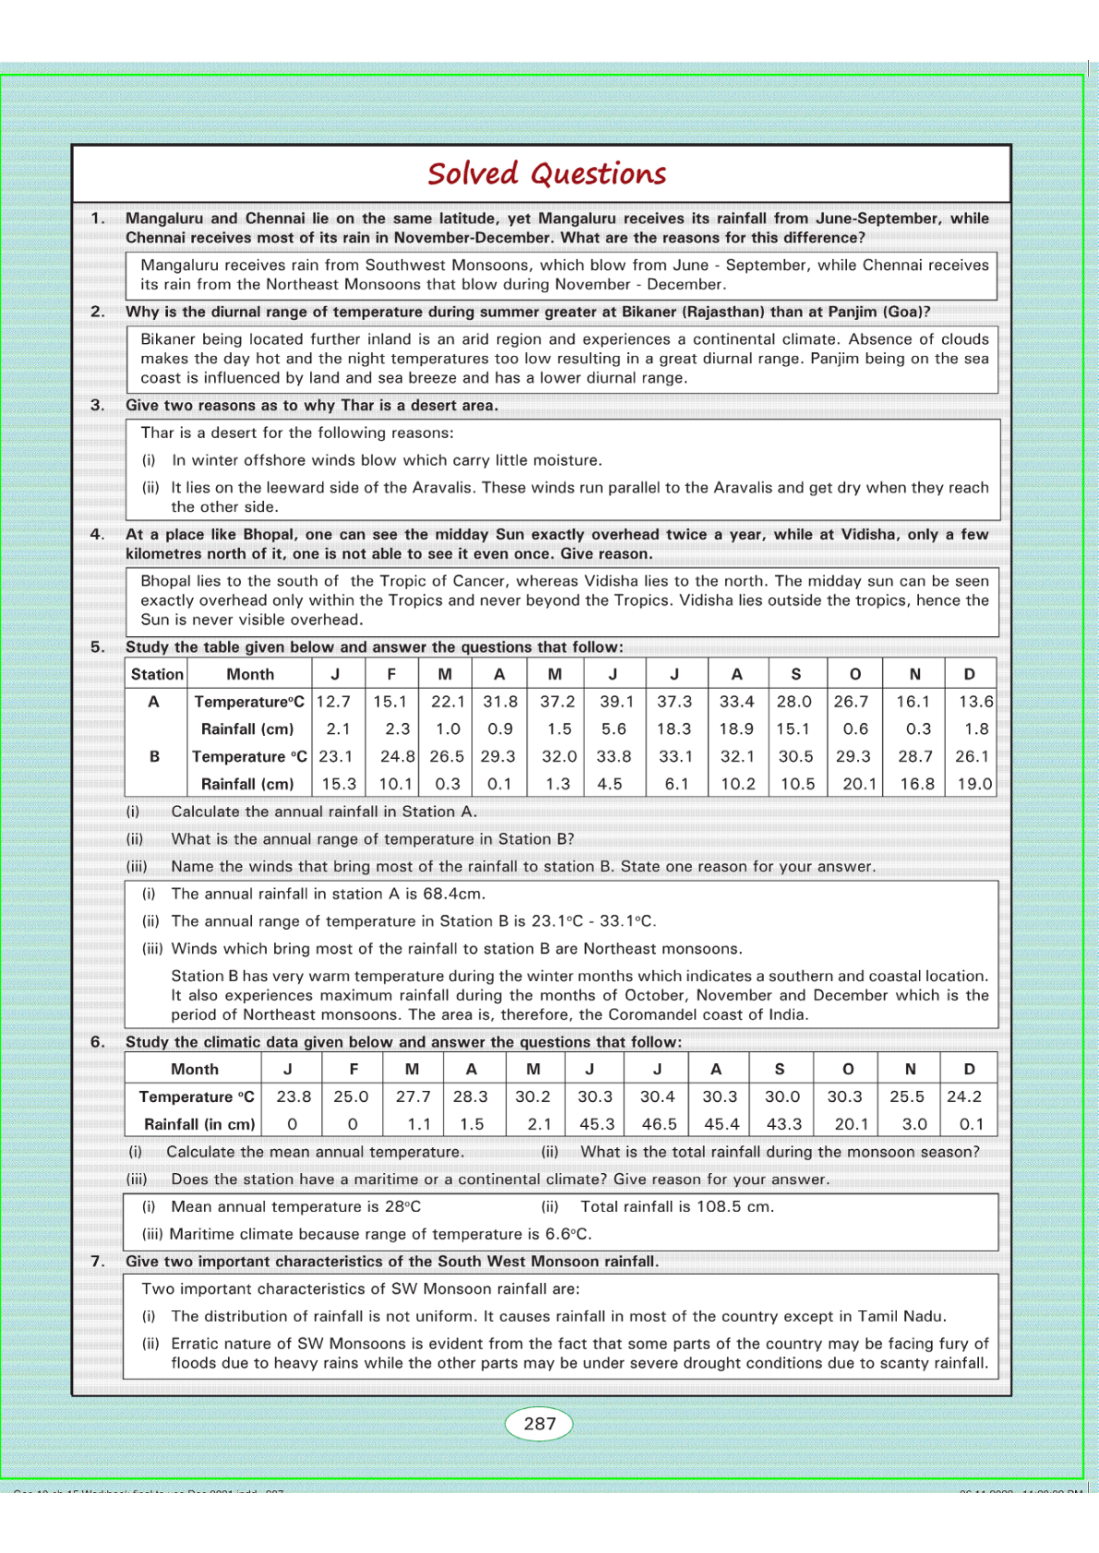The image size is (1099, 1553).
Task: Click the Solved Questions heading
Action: coord(546,173)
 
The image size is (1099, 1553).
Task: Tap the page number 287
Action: coord(539,1423)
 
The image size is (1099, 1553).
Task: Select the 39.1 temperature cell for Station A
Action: coord(616,702)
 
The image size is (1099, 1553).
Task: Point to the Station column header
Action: coord(157,674)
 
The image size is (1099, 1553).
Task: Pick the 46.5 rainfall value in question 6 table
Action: coord(659,1124)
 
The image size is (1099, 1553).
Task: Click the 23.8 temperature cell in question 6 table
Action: coord(293,1097)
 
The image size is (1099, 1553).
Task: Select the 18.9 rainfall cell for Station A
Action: coord(736,729)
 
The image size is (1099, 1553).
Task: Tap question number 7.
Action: coord(97,1261)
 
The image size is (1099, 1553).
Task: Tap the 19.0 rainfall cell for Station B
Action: coord(974,784)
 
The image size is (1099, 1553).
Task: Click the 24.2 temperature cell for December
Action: coord(964,1097)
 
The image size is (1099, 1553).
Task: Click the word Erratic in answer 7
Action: coord(197,1344)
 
